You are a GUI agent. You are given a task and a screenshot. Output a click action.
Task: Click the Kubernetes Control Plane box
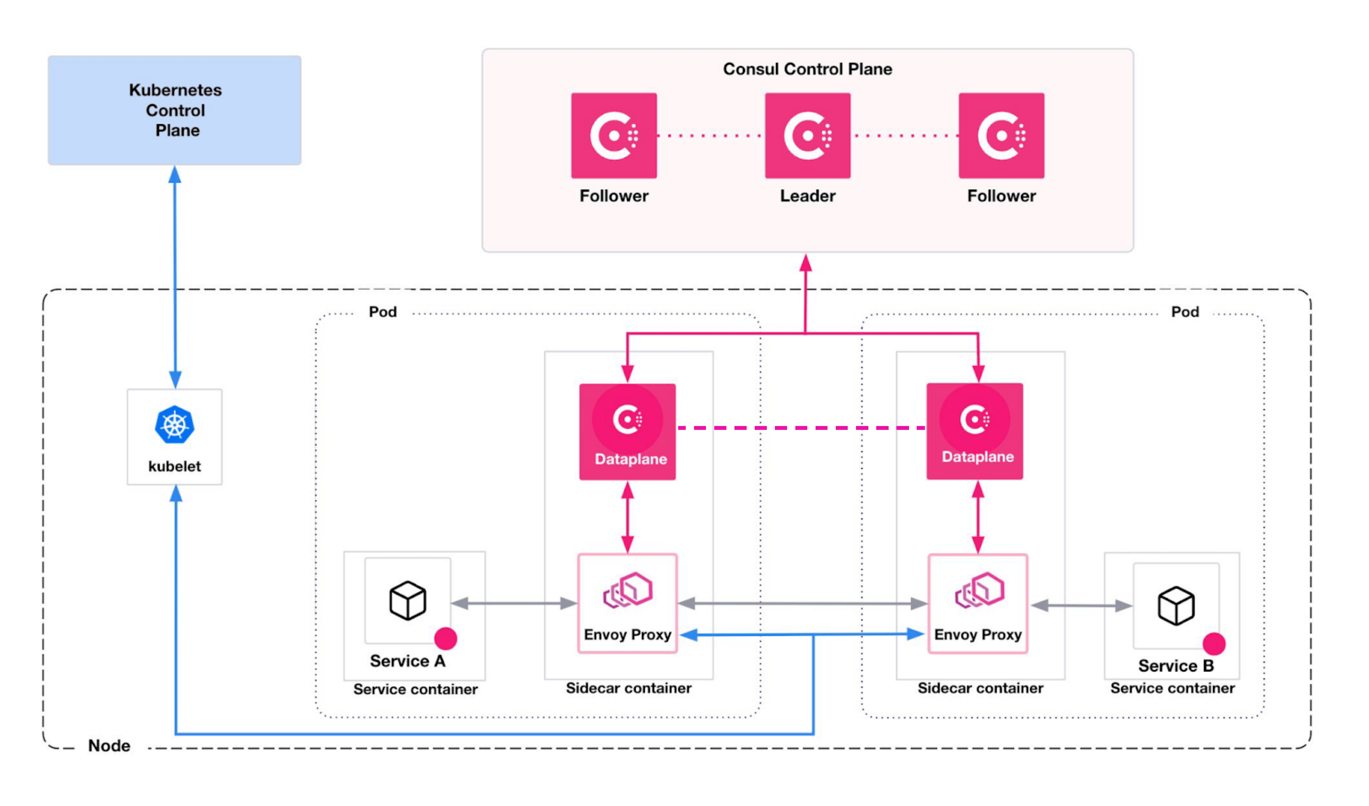click(x=174, y=110)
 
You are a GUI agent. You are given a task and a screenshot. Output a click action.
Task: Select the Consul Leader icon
click(x=807, y=135)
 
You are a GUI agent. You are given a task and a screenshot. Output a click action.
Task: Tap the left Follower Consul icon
click(x=614, y=135)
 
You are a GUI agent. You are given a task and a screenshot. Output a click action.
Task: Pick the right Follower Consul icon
click(x=1001, y=135)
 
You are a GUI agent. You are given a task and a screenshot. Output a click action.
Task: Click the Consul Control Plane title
click(x=807, y=69)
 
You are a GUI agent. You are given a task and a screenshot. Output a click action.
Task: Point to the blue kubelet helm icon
click(x=174, y=424)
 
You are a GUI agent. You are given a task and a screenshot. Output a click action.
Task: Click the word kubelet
click(x=174, y=466)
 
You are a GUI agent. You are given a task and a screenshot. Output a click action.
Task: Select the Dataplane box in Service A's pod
click(x=627, y=432)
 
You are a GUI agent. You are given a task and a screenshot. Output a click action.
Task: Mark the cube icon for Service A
click(x=408, y=600)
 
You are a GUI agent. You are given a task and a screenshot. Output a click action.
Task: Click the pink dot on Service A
click(x=445, y=639)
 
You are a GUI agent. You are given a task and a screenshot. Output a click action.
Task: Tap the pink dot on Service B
click(x=1214, y=644)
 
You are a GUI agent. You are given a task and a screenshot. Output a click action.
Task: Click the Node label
click(x=109, y=746)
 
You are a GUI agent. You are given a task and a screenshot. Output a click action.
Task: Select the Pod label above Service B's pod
click(x=1185, y=312)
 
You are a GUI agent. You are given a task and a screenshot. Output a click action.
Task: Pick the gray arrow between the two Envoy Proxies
click(x=802, y=603)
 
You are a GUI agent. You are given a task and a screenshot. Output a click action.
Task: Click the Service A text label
click(x=408, y=661)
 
